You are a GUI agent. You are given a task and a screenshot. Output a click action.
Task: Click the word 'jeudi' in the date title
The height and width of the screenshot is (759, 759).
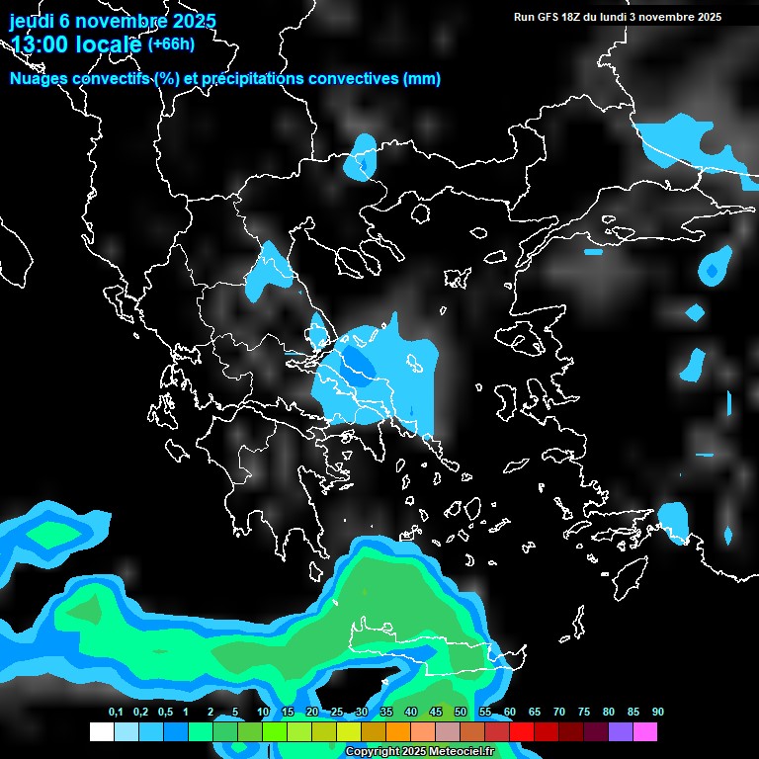(32, 21)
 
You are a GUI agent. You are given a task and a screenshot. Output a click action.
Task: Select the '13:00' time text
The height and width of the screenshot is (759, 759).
(41, 44)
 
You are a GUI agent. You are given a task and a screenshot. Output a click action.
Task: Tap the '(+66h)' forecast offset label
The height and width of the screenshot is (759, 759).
(171, 43)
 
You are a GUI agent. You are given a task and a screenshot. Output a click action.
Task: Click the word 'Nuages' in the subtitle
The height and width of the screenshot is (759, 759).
(40, 79)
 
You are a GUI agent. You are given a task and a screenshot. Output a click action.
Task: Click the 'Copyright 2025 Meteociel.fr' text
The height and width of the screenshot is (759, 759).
(433, 752)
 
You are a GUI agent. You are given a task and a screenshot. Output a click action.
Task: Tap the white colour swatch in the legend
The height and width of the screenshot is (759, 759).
(102, 731)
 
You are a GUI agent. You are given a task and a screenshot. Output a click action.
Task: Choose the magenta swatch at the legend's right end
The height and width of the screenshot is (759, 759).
(645, 731)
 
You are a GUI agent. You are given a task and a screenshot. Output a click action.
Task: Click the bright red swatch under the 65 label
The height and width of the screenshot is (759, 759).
(522, 731)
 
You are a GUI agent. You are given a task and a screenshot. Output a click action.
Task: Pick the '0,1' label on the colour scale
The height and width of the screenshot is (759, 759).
(115, 713)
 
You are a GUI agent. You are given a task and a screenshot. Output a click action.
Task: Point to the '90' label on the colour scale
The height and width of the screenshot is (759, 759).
(658, 713)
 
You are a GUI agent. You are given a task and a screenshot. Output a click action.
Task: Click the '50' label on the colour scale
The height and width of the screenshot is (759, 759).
(461, 713)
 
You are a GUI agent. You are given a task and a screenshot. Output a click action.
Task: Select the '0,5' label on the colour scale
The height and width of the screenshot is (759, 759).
(164, 713)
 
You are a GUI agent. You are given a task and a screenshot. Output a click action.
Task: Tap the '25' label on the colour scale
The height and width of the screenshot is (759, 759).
(337, 713)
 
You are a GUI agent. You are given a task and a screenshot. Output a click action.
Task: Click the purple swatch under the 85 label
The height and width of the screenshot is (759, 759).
(621, 731)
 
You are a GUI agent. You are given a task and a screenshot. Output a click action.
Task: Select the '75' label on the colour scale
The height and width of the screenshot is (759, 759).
(584, 713)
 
